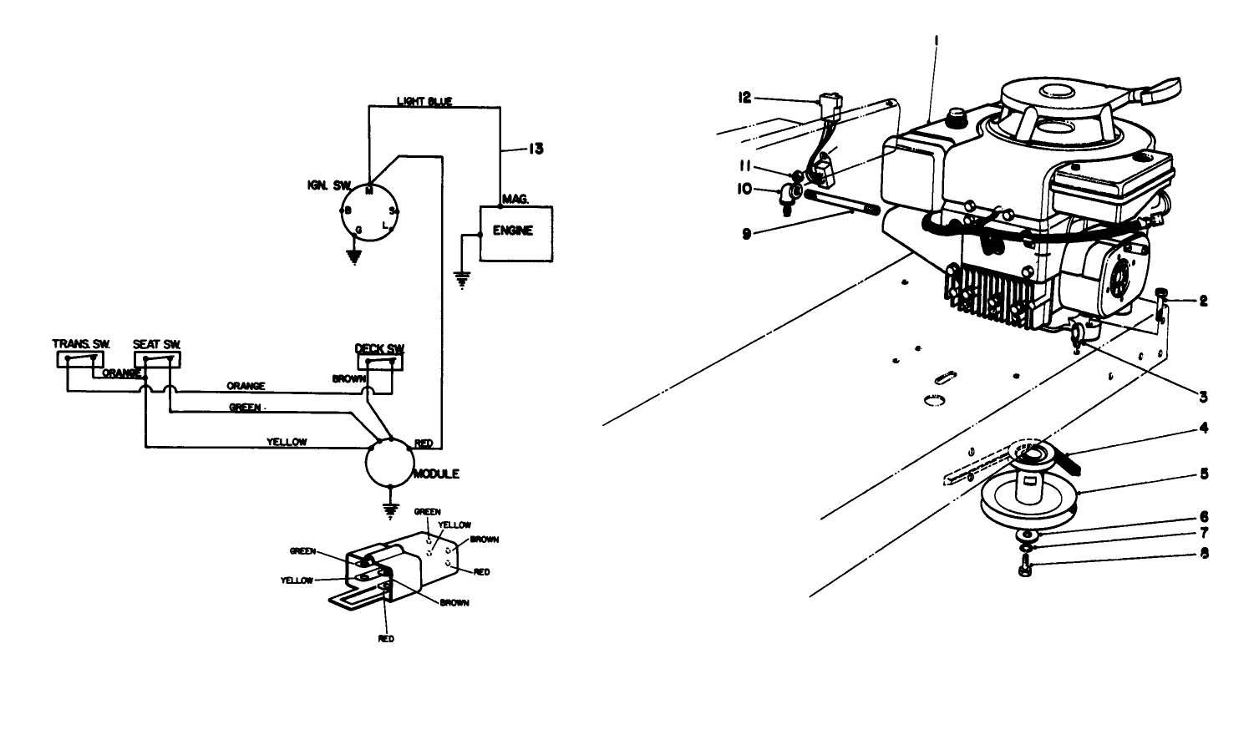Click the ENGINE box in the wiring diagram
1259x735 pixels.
tap(515, 232)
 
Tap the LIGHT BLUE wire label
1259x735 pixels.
tap(424, 102)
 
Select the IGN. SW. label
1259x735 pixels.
tap(329, 185)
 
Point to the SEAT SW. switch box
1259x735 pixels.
tap(157, 359)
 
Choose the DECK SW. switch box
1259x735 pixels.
tap(380, 362)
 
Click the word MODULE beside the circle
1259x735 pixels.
tap(436, 474)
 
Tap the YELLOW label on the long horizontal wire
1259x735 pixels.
tap(287, 443)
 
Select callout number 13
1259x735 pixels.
tap(536, 149)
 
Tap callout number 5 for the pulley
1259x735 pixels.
tap(1204, 473)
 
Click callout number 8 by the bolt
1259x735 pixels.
tap(1204, 553)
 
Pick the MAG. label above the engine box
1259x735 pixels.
tap(514, 199)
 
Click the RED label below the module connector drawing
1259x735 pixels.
tap(385, 639)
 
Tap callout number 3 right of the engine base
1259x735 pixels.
tap(1204, 397)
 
